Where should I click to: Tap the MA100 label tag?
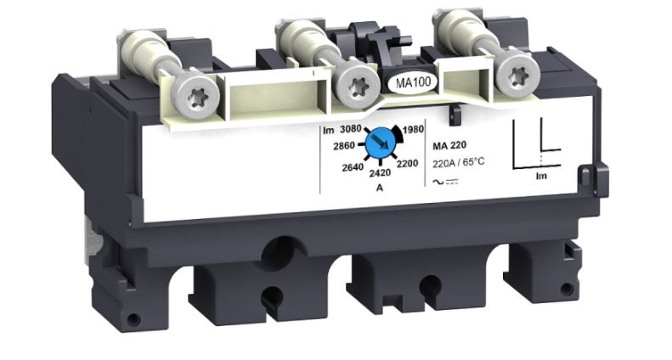point(412,84)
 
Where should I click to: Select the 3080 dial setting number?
point(351,129)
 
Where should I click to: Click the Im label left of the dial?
point(327,130)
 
